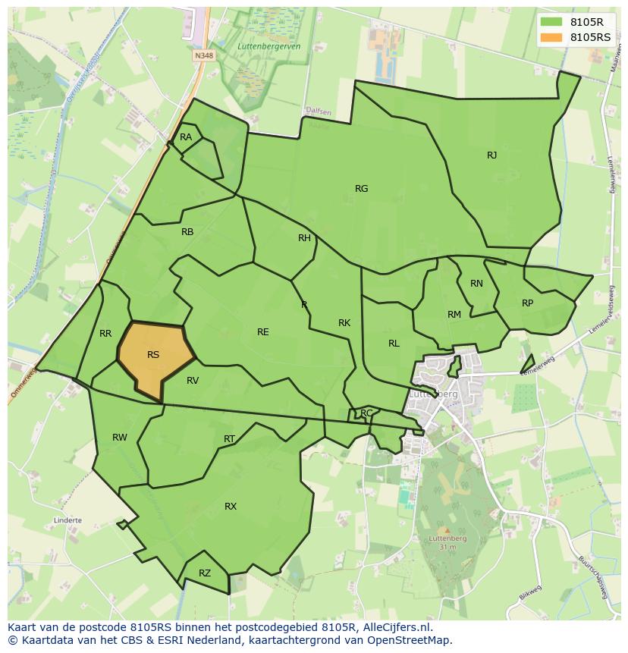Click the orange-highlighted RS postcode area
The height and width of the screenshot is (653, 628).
[x=155, y=356]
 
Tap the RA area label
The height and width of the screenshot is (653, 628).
[x=186, y=137]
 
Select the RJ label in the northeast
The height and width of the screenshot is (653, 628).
[x=491, y=155]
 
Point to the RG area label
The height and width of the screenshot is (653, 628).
[x=361, y=189]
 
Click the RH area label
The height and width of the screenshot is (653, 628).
[x=304, y=238]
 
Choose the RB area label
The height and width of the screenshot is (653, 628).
[x=187, y=232]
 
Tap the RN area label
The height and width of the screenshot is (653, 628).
[x=476, y=284]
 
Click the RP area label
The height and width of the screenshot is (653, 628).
[x=527, y=303]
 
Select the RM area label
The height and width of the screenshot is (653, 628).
[x=454, y=315]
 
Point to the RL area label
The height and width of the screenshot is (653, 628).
[x=394, y=344]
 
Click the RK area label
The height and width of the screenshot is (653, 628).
[x=344, y=323]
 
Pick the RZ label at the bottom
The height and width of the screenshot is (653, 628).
[x=204, y=574]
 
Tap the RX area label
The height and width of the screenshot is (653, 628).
[x=231, y=507]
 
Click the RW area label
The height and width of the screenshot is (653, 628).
[x=120, y=438]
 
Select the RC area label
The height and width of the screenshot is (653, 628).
[x=366, y=413]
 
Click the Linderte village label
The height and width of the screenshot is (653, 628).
[x=68, y=521]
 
